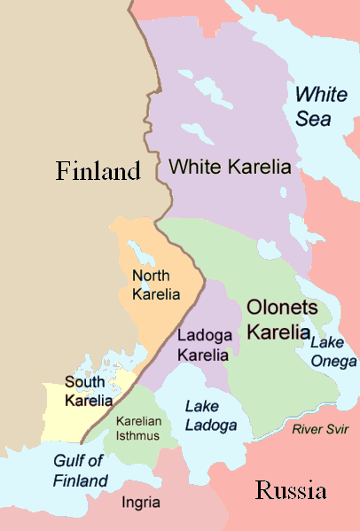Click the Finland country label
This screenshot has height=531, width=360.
(98, 170)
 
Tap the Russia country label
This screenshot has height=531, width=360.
(291, 490)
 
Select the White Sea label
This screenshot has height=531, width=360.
(322, 105)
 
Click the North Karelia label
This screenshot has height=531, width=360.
(155, 285)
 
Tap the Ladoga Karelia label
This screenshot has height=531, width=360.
(203, 345)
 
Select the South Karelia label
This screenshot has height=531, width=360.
(89, 391)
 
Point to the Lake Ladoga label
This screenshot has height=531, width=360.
(210, 416)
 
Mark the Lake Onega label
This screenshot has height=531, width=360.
(333, 352)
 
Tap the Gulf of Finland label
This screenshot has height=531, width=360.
(80, 471)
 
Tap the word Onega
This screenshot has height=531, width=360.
(334, 361)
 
